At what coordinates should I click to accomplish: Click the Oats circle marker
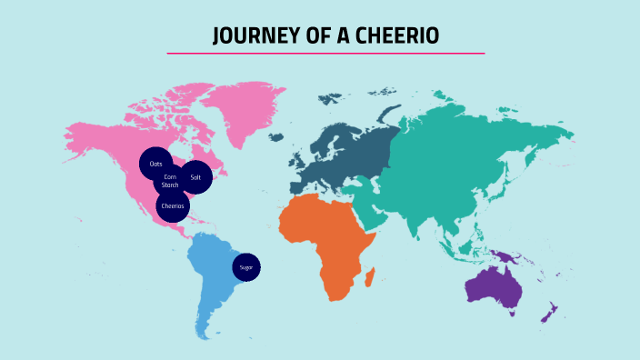[155, 164]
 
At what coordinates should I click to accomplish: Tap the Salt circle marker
[195, 176]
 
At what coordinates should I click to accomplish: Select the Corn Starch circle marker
[170, 181]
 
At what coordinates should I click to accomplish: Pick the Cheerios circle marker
[172, 205]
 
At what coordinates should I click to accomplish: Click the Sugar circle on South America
[245, 267]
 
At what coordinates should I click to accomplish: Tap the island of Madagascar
[371, 275]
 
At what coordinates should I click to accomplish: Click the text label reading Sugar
[245, 267]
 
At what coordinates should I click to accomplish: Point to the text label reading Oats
[155, 164]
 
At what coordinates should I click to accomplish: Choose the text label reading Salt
[195, 176]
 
